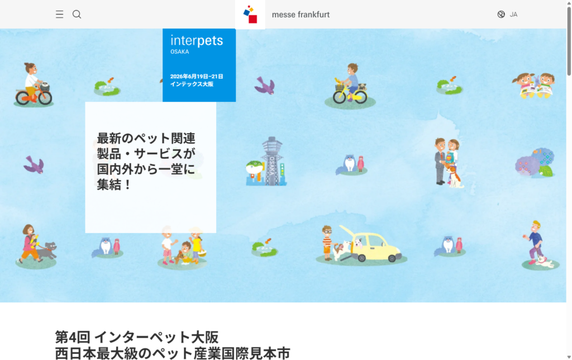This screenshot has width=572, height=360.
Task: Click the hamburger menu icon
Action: (x=59, y=14)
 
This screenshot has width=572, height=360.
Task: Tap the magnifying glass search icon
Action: (x=77, y=14)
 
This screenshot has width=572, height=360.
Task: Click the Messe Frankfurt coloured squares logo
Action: (x=250, y=14)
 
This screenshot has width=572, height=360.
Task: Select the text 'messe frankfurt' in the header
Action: (x=301, y=15)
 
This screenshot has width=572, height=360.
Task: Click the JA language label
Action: (x=513, y=15)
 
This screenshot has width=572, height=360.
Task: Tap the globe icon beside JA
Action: (x=501, y=14)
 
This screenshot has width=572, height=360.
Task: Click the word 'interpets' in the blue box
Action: (x=197, y=40)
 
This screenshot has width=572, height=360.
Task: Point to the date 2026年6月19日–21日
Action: (x=197, y=77)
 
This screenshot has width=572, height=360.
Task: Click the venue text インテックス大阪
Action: (x=192, y=84)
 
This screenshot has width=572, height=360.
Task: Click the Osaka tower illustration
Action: (x=273, y=161)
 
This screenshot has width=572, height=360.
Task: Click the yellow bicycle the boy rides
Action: (x=350, y=95)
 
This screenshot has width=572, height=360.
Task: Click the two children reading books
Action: (x=534, y=86)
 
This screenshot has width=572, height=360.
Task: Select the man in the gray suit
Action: (x=440, y=161)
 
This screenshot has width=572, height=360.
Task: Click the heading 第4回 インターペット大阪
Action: (x=137, y=337)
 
